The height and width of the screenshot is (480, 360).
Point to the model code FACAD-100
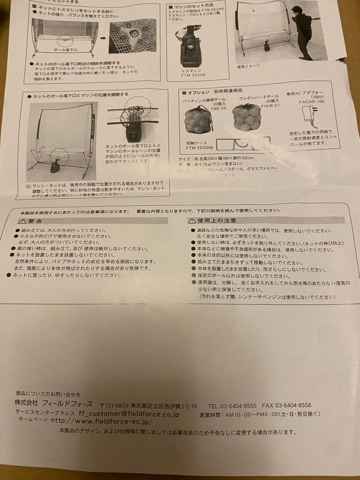(x=311, y=102)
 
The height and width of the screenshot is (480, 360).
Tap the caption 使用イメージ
(x=248, y=67)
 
